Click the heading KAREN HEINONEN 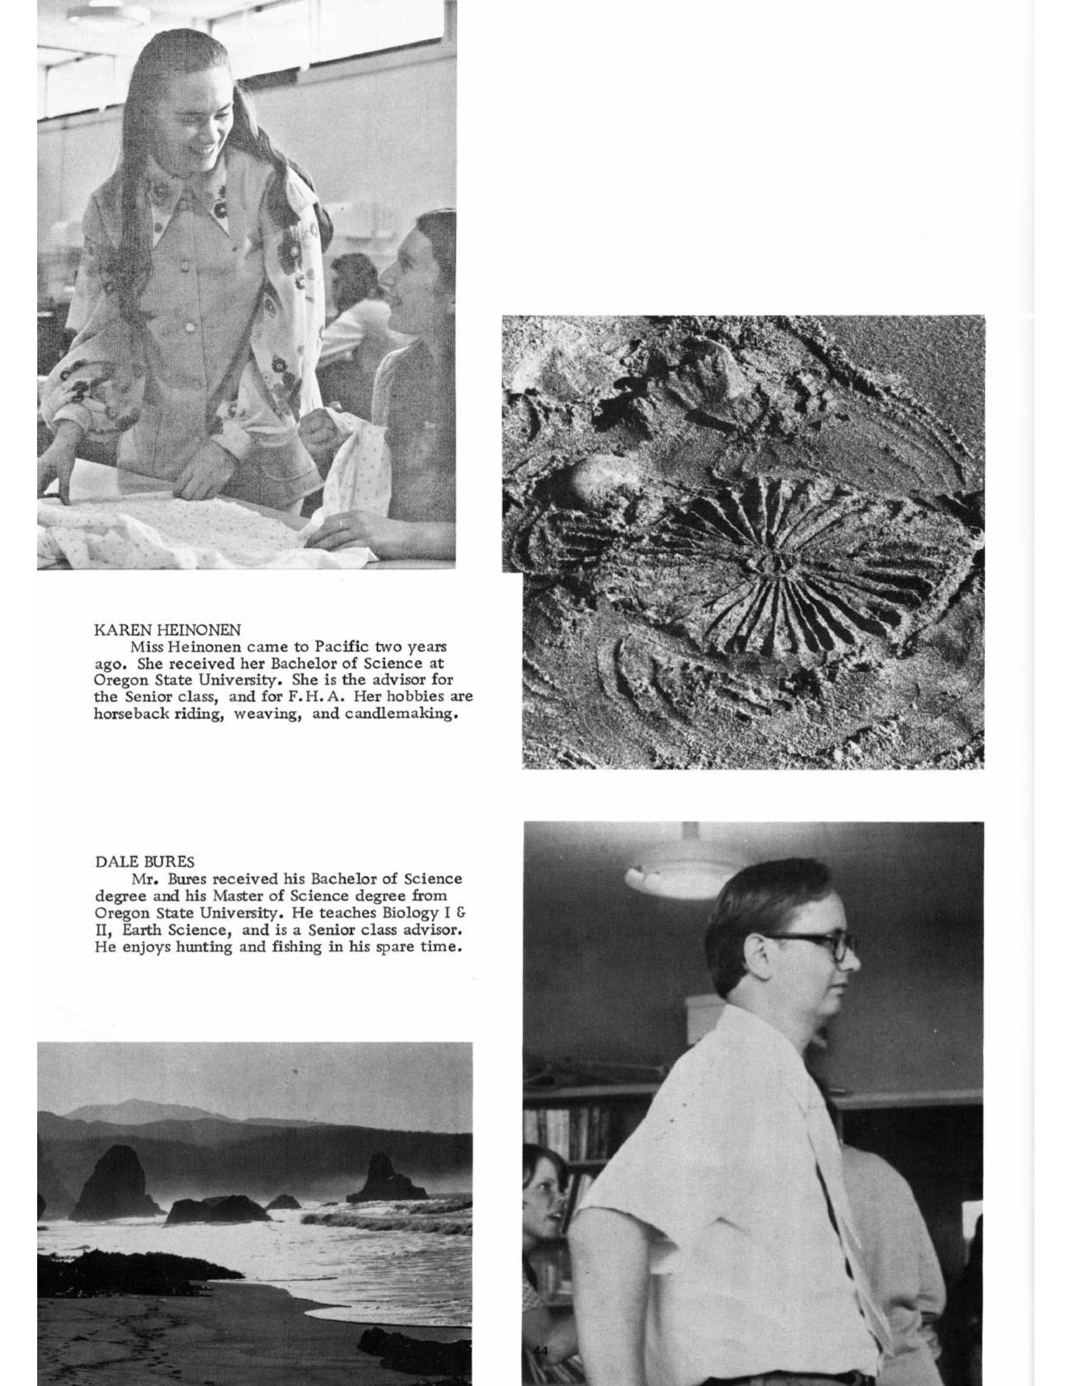[x=167, y=630]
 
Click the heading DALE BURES [x=144, y=862]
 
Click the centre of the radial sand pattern [x=775, y=559]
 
